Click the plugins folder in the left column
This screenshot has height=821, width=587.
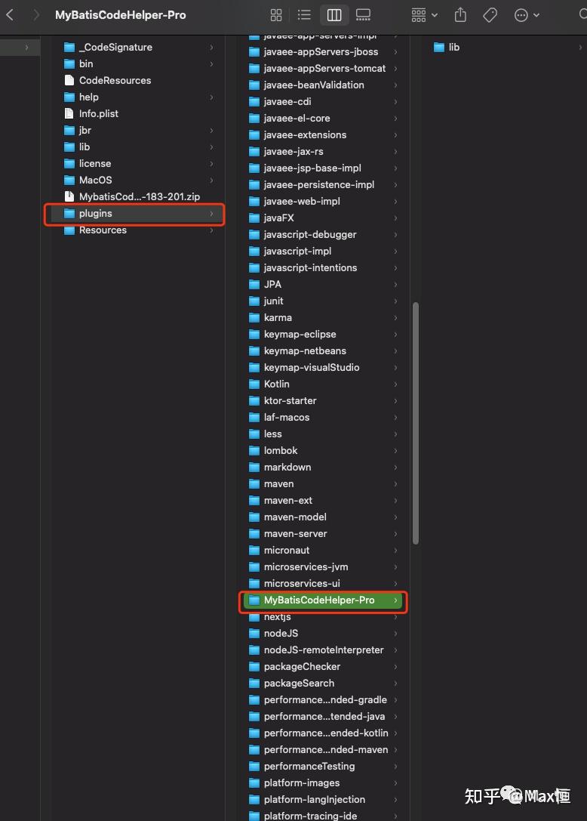(95, 214)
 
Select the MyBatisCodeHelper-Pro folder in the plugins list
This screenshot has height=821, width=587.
(319, 600)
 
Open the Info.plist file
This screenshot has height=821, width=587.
(98, 113)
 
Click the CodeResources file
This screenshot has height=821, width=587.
(115, 80)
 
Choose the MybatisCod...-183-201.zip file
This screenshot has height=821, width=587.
(139, 197)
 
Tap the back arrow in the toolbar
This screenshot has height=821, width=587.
(10, 14)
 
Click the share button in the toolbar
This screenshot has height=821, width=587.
(460, 14)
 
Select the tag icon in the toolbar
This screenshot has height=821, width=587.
(490, 15)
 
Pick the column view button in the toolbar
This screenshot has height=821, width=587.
(334, 15)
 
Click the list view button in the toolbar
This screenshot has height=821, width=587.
(305, 15)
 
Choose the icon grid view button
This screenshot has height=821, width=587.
(276, 15)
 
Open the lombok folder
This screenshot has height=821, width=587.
(281, 451)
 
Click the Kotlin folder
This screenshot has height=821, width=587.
(276, 384)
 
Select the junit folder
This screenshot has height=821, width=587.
(273, 301)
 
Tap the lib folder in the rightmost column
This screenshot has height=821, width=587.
(453, 47)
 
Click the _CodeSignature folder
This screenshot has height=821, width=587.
(115, 47)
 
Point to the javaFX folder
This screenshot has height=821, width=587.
(278, 218)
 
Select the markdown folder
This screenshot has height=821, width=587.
(287, 467)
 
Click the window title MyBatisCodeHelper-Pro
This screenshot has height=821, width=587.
(120, 15)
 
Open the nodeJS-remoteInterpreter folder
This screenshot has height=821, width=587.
(324, 650)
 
